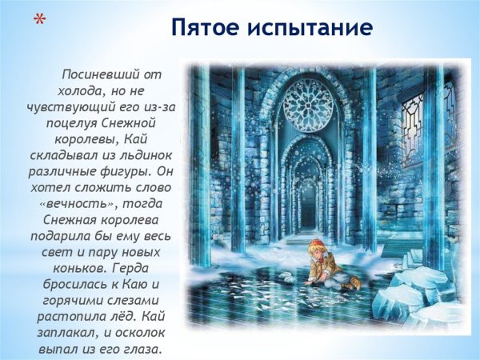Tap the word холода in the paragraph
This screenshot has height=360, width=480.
[82, 90]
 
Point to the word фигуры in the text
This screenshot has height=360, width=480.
[114, 171]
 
